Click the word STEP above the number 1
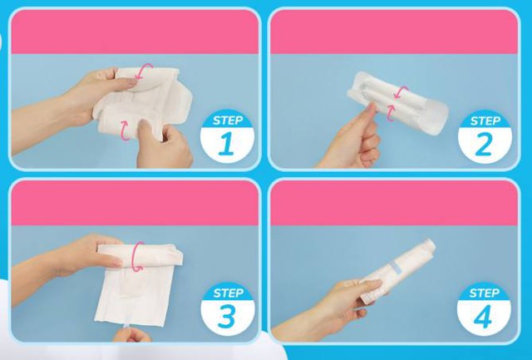coord(227,121)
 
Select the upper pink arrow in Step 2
coord(402,91)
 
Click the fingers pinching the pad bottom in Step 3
coord(131,334)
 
